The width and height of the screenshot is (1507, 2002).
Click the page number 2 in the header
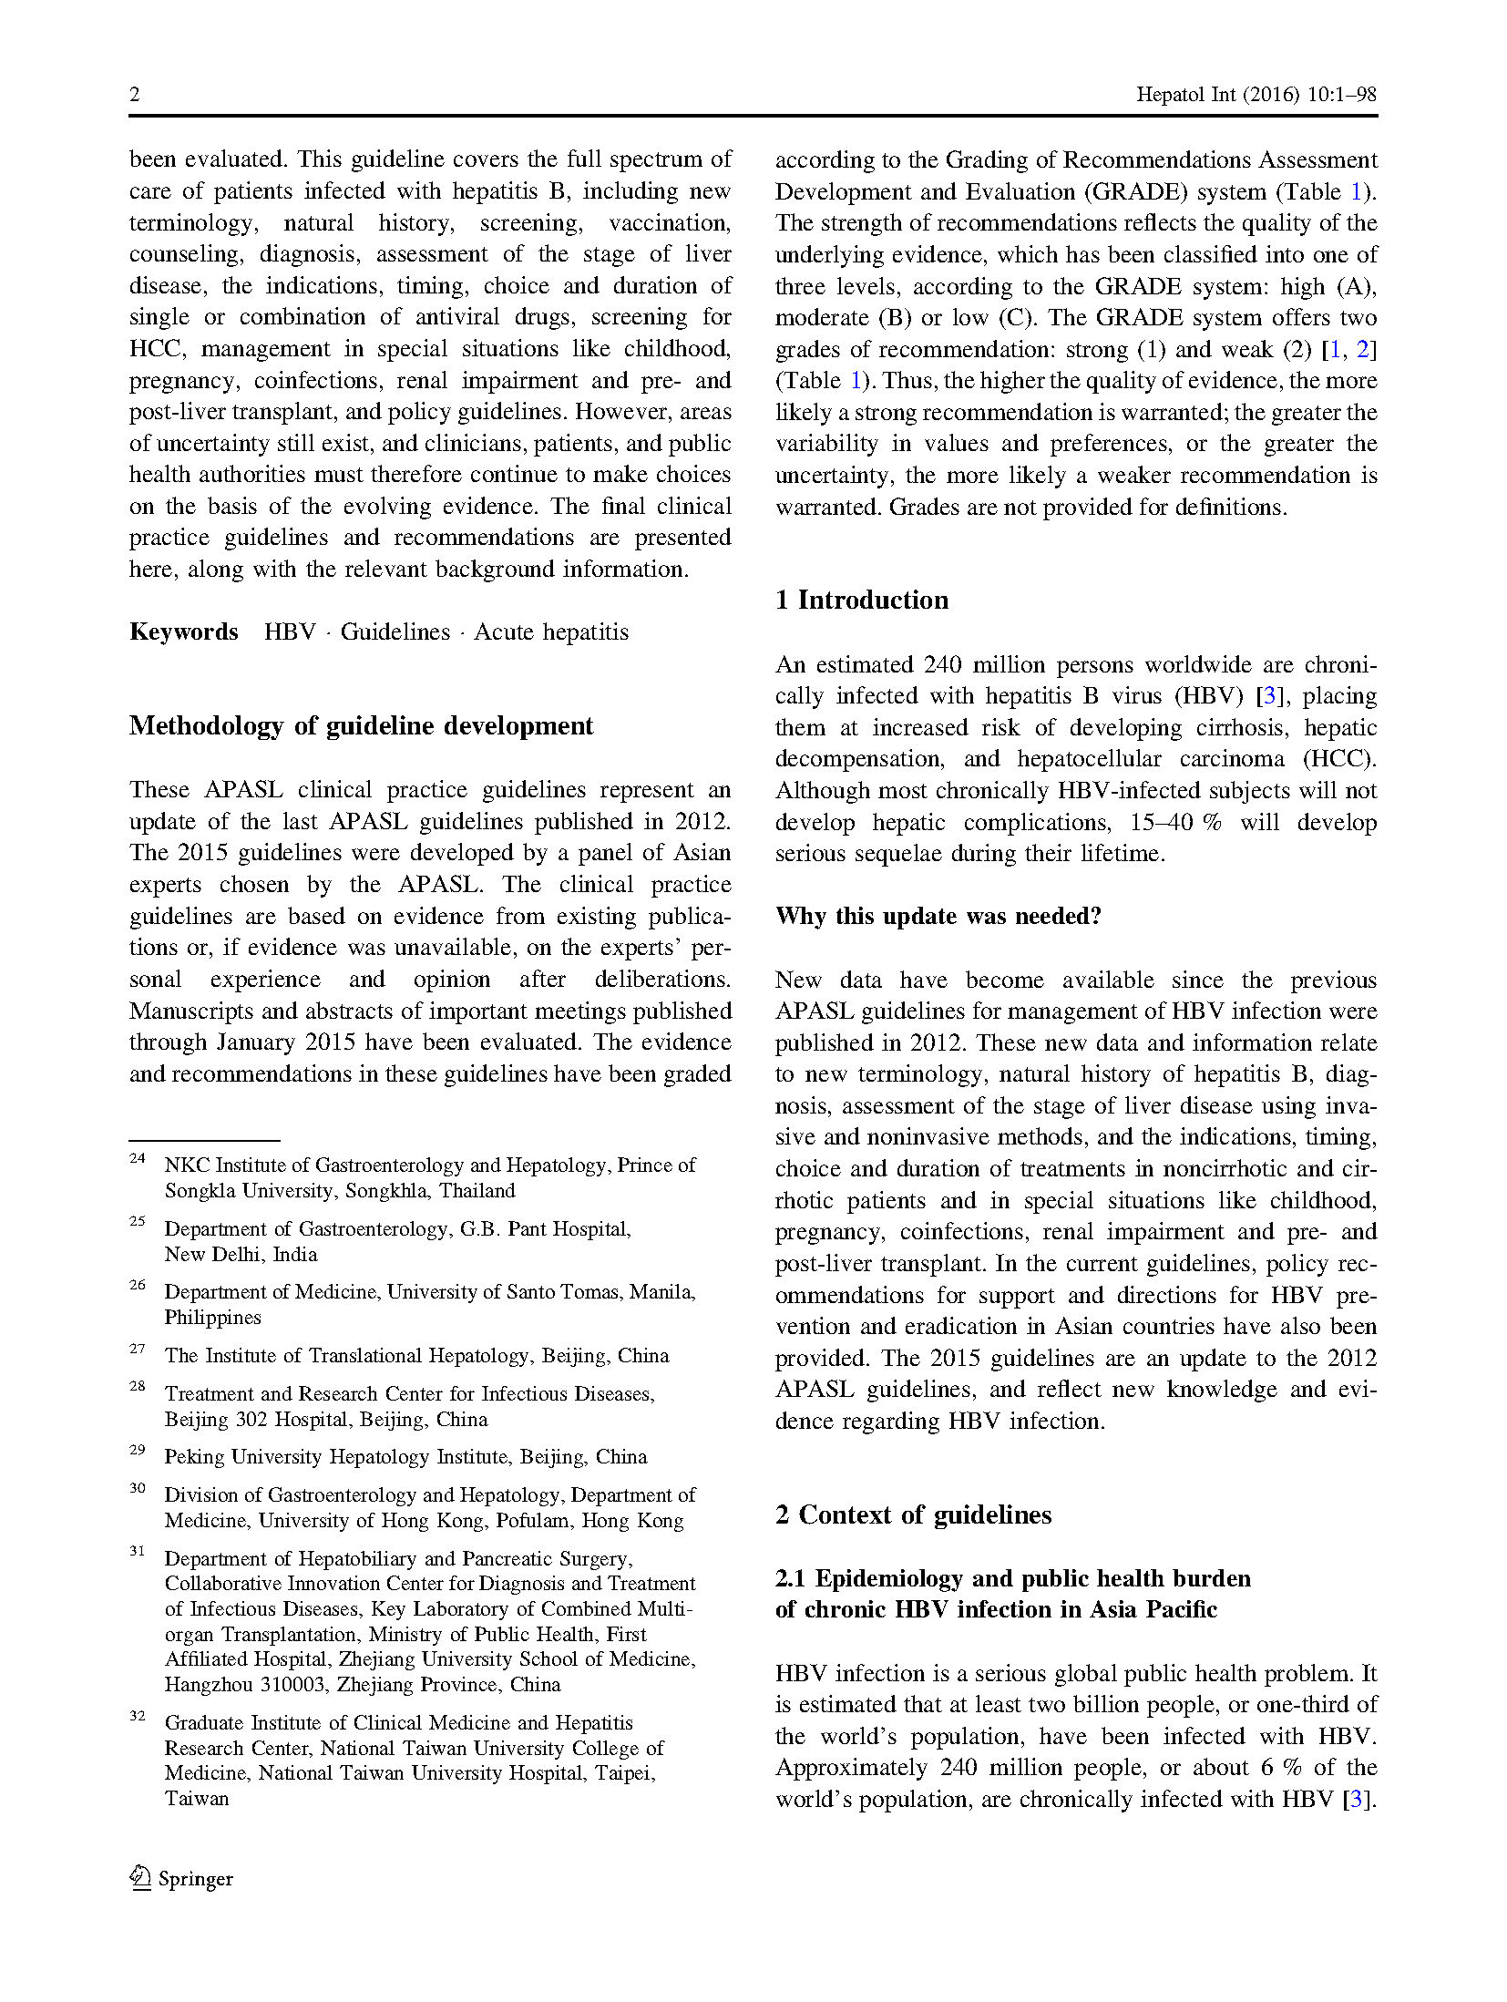click(x=135, y=95)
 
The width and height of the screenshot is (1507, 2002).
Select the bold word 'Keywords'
click(x=183, y=631)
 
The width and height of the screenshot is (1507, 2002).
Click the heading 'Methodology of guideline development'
click(x=361, y=725)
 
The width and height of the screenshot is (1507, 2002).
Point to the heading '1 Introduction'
click(x=861, y=600)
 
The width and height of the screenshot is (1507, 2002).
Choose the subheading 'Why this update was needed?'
click(x=938, y=916)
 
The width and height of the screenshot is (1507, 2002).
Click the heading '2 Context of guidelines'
click(x=913, y=1514)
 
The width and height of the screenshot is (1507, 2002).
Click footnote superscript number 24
click(x=137, y=1158)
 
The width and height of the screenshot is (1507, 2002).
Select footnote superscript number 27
click(x=137, y=1349)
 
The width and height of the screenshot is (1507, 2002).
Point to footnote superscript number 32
click(x=137, y=1716)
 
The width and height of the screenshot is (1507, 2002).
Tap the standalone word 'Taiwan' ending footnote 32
click(x=197, y=1799)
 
